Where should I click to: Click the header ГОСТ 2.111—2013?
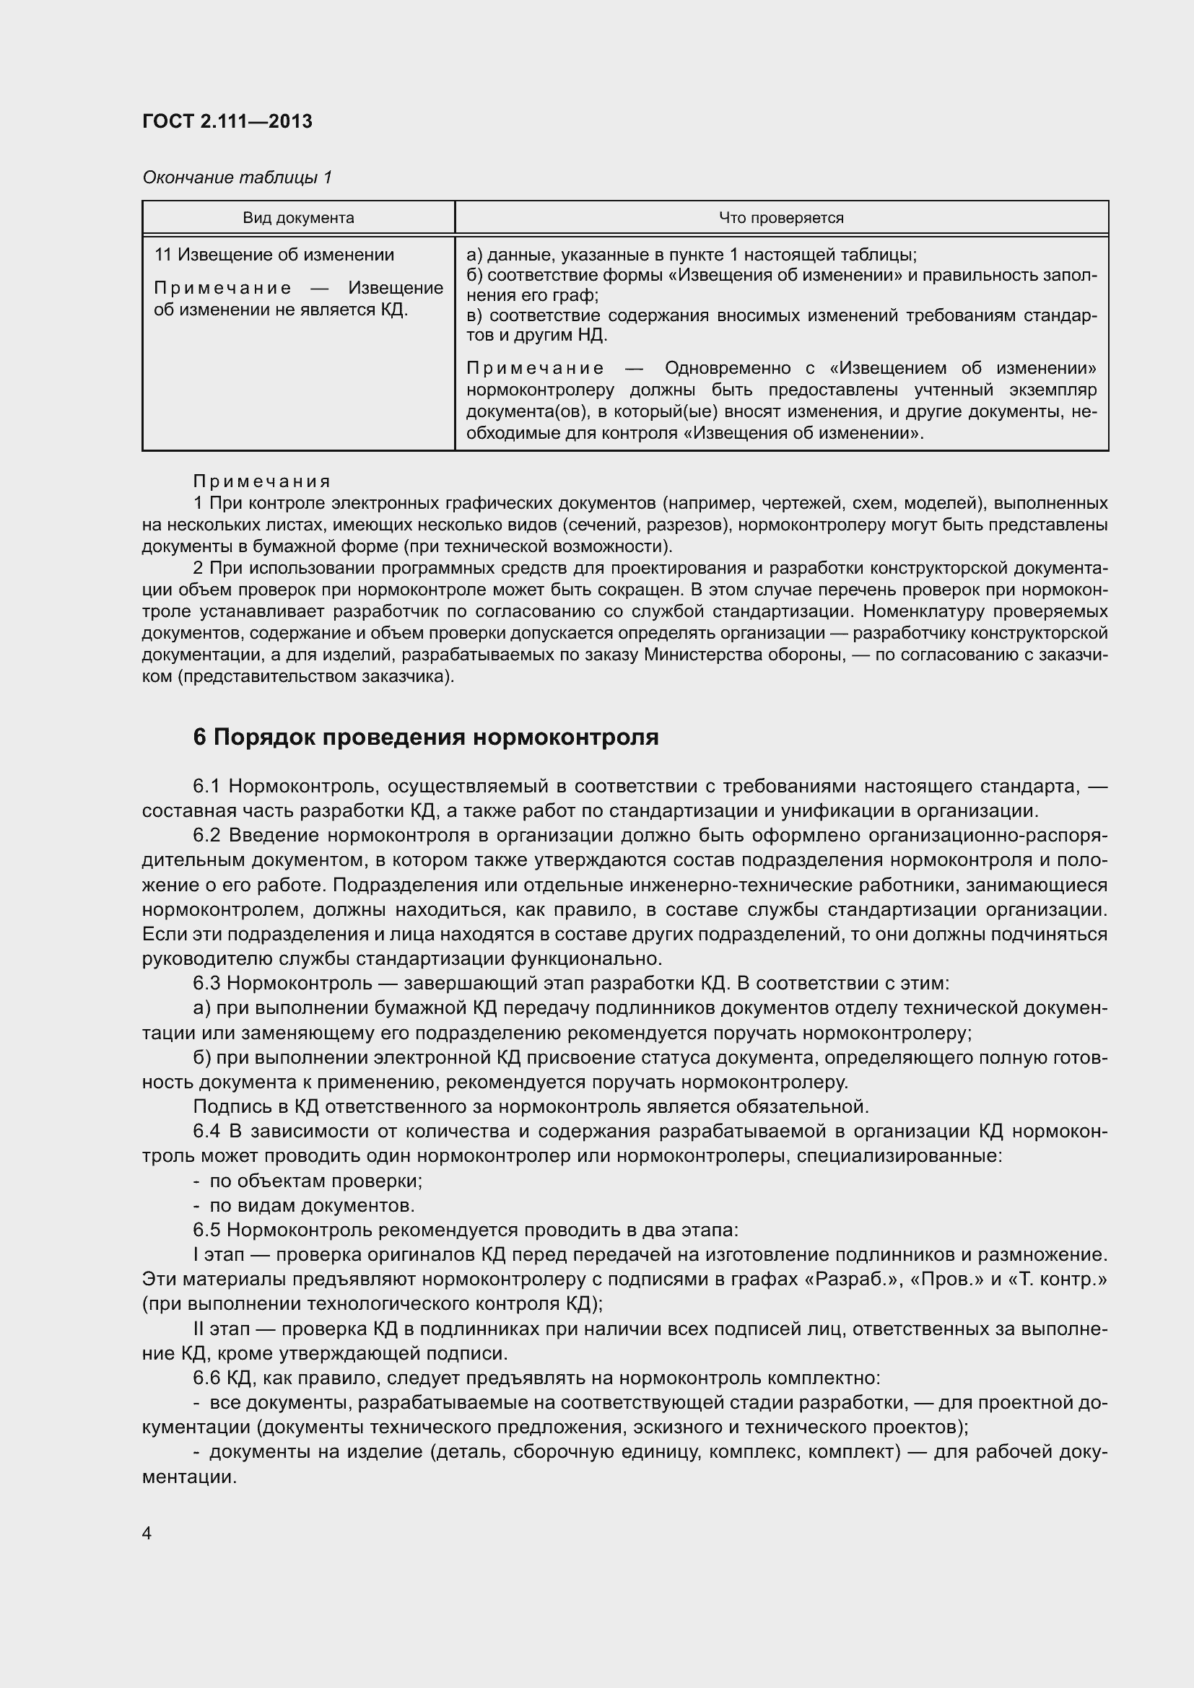(227, 121)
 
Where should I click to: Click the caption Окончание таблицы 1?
(237, 178)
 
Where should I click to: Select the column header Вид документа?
(299, 218)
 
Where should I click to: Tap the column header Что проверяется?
(781, 218)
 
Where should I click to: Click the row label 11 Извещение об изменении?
(274, 255)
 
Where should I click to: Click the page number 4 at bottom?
(147, 1534)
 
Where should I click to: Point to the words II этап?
(222, 1329)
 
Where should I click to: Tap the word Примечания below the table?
(262, 481)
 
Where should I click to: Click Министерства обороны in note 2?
(743, 655)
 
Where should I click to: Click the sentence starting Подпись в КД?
(531, 1106)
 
